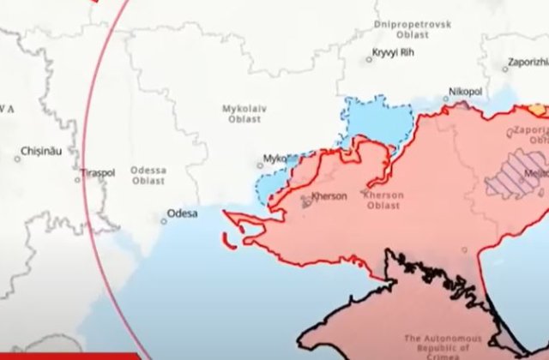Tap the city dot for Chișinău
point(17,158)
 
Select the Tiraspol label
point(97,172)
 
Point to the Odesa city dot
point(164,221)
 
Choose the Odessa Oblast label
point(148,176)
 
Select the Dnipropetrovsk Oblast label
point(412,31)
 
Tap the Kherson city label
point(329,196)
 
